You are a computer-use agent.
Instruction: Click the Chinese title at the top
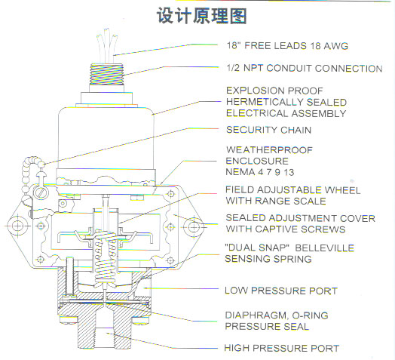coord(201,16)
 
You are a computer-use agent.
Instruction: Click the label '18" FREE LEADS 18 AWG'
coord(287,46)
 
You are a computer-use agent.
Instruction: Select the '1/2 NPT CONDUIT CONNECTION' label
coord(305,68)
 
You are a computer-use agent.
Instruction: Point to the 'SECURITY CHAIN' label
coord(269,130)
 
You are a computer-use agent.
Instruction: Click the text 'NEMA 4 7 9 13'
coord(260,172)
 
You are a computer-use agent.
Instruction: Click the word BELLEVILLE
coord(324,248)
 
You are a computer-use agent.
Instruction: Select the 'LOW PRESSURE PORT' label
coord(281,291)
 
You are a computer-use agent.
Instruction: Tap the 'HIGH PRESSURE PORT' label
coord(282,348)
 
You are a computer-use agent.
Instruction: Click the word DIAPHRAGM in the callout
coord(256,315)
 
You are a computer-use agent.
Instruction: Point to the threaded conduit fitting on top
coord(106,74)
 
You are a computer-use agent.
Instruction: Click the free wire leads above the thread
coord(107,45)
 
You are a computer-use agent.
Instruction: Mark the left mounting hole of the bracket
coord(18,226)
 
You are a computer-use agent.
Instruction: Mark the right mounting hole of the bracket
coord(194,227)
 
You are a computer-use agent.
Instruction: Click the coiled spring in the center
coord(106,257)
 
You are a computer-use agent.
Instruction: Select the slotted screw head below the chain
coord(41,192)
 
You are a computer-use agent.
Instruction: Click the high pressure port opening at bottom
coord(104,328)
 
